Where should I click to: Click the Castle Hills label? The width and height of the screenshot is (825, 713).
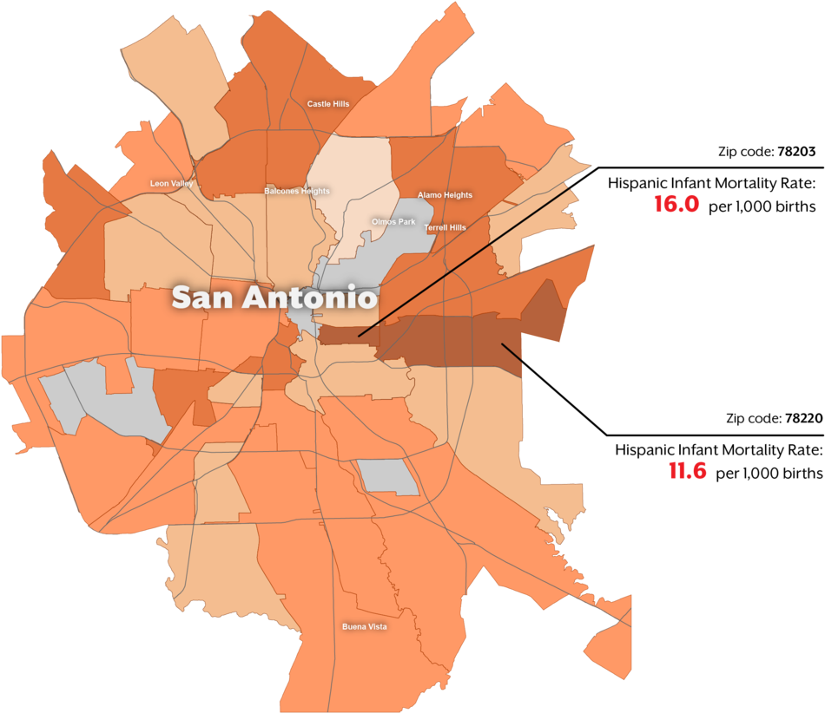coord(328,104)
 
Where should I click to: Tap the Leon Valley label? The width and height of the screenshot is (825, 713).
coord(172,184)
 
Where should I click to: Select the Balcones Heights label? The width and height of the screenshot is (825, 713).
coord(297,191)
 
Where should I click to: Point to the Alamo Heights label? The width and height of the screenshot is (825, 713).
coord(445,195)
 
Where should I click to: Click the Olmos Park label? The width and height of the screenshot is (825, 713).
coord(393,222)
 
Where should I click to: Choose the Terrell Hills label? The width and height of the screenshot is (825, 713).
coord(445,228)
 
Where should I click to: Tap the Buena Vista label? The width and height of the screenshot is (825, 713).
coord(365,627)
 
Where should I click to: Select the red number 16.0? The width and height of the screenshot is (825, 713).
coord(676,205)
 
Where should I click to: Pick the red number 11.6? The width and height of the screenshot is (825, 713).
coord(687,471)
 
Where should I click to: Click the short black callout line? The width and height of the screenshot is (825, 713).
coord(511,351)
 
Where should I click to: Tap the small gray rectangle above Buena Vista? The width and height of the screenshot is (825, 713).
coord(388,477)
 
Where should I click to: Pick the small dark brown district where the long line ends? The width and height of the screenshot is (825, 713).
coord(347,335)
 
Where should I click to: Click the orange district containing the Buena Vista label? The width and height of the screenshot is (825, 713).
coord(347,590)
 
